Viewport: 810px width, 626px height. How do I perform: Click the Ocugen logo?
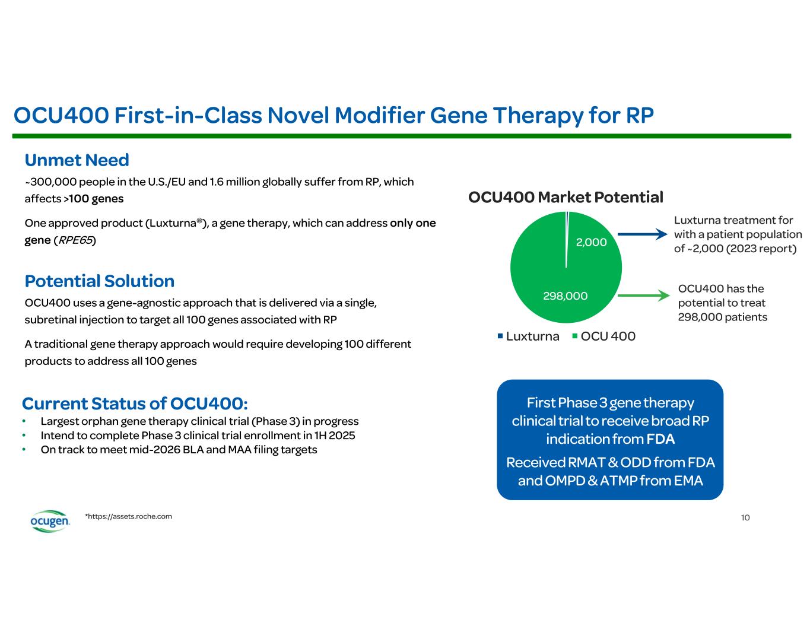50,521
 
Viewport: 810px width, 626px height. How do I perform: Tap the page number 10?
745,517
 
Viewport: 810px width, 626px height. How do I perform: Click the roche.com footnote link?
129,516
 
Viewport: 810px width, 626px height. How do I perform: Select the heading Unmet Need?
77,160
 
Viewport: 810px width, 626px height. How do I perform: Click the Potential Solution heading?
100,281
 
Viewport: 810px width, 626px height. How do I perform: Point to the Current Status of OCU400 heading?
135,403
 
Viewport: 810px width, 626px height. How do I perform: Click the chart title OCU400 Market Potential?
566,197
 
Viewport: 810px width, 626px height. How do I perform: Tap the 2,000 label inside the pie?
591,242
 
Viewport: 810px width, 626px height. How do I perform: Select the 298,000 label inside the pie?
565,296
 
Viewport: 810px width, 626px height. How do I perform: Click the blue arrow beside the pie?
642,234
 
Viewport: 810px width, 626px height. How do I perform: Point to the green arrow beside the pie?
643,295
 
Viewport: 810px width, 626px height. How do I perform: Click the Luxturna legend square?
500,336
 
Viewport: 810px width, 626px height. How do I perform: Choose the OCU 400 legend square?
575,336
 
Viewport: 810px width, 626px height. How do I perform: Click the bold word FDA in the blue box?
660,439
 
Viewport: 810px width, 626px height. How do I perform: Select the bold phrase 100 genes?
96,199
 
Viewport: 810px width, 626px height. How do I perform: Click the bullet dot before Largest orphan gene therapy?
24,421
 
